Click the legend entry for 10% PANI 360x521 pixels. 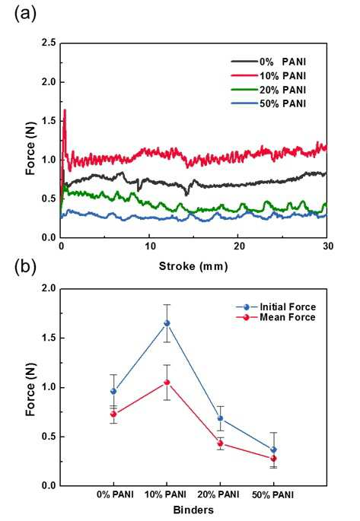(269, 76)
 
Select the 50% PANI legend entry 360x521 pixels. (269, 103)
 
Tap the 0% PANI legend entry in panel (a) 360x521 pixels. (269, 62)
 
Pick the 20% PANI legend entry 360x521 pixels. (269, 90)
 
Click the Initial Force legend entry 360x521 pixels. (276, 307)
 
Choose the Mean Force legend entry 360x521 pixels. (276, 317)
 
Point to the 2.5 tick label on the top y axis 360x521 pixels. (49, 43)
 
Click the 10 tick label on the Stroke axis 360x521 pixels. (150, 246)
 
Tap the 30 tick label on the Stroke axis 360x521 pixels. (327, 246)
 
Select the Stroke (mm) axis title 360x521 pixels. (193, 266)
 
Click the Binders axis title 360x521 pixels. (193, 510)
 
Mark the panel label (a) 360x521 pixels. (25, 14)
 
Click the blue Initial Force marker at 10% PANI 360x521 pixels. (167, 323)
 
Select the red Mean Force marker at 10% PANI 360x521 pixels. (167, 383)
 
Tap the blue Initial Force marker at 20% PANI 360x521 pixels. (220, 418)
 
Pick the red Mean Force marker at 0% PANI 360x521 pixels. (113, 414)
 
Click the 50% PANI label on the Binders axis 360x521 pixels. (273, 495)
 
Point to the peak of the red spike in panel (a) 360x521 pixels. (65, 110)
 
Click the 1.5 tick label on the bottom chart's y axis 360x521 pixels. (49, 338)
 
